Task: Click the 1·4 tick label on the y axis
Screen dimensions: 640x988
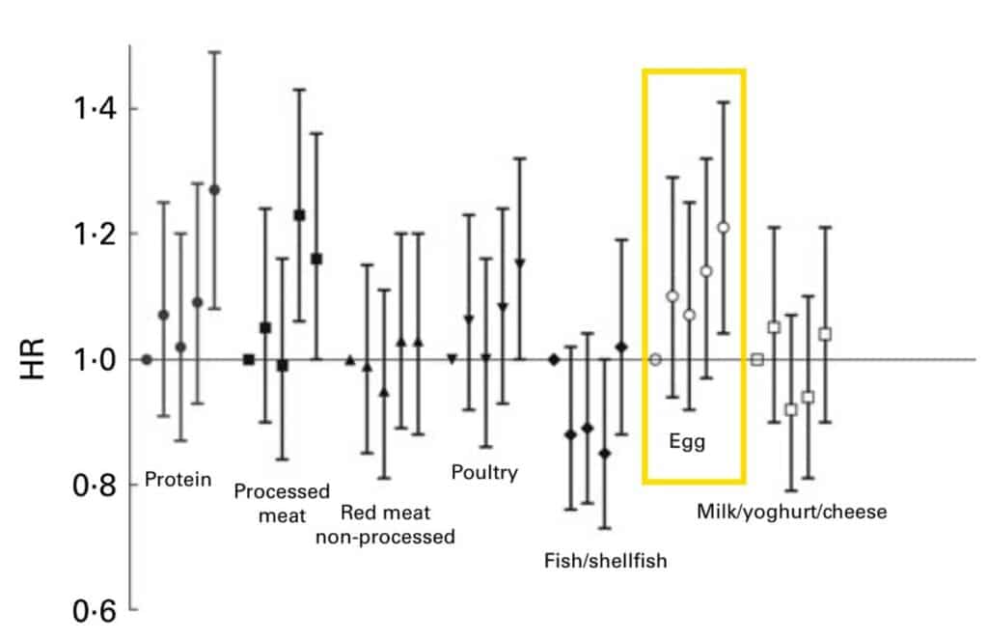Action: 92,108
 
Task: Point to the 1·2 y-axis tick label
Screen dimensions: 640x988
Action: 92,234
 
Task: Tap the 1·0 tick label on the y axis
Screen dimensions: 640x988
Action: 92,359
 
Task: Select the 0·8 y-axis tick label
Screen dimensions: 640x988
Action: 92,485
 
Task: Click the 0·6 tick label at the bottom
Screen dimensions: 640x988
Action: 92,612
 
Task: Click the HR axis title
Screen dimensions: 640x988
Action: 32,359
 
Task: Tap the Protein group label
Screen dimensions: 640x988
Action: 178,480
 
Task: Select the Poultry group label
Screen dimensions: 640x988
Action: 484,472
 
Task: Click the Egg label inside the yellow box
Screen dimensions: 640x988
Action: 687,443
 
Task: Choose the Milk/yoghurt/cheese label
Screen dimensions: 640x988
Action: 791,512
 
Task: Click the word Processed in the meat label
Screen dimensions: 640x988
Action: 282,491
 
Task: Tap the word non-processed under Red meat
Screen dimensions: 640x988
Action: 385,537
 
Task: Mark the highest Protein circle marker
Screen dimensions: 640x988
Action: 214,189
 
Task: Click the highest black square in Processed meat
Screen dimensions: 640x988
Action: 299,215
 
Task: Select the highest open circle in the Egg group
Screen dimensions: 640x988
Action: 723,228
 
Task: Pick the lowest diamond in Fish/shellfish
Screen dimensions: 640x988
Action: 605,453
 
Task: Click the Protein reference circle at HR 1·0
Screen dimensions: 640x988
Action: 147,359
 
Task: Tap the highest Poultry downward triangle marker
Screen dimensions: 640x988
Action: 520,264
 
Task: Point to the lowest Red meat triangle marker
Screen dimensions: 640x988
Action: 384,392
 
